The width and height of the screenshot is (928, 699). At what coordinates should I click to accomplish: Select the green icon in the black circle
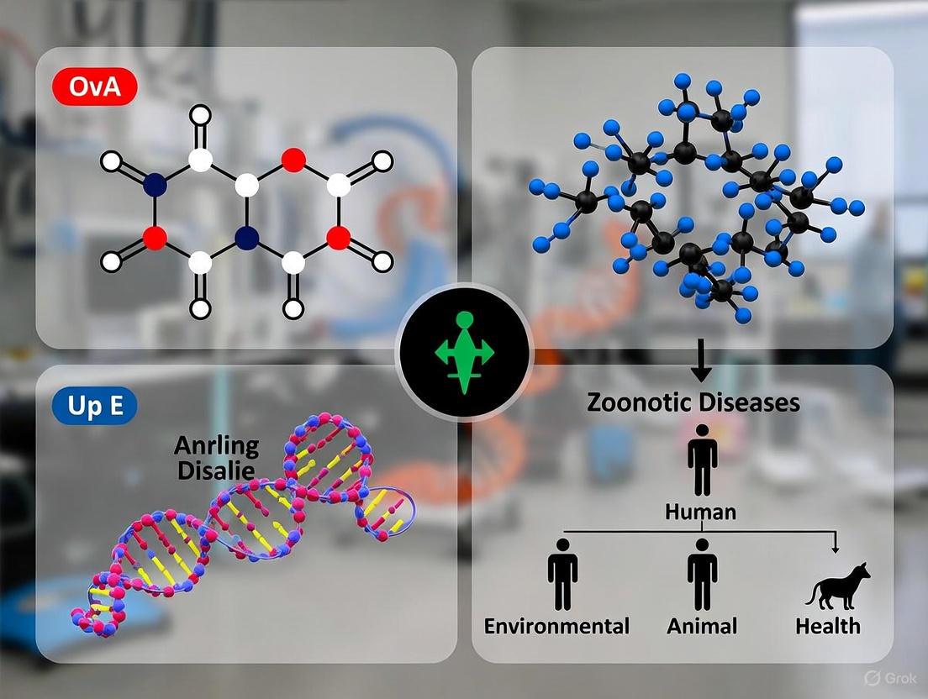tap(464, 353)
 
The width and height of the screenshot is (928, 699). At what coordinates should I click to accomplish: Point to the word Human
tap(701, 511)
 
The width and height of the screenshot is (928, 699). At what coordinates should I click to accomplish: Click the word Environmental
tap(556, 626)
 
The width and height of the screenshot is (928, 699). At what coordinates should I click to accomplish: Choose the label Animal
tap(702, 626)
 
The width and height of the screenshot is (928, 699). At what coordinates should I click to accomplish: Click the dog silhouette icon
tap(837, 584)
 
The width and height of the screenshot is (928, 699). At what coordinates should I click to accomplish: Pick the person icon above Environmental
tap(562, 575)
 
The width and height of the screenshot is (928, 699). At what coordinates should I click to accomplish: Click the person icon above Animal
tap(702, 575)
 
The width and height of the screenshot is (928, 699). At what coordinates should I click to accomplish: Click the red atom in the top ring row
tap(293, 158)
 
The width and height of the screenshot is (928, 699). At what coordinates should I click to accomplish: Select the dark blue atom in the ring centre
tap(246, 239)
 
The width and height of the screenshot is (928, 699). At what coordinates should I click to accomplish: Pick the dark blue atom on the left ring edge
tap(154, 182)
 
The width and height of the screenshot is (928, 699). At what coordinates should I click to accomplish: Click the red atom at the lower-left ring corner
tap(154, 239)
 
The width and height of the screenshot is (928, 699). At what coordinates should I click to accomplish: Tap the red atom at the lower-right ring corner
tap(338, 239)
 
